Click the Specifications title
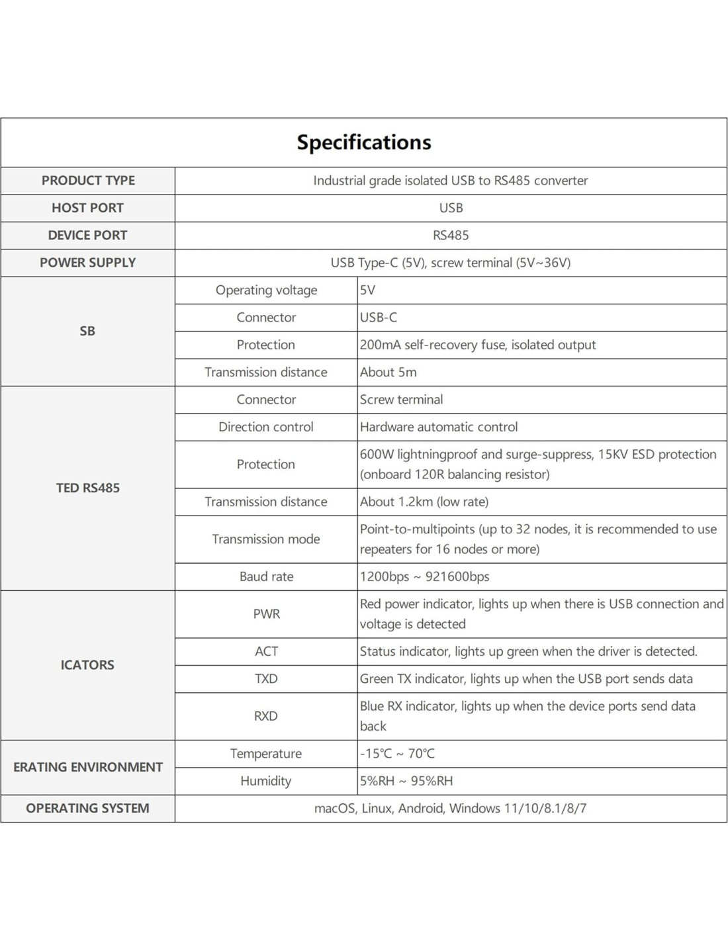pyautogui.click(x=363, y=142)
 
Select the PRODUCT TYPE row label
pyautogui.click(x=88, y=181)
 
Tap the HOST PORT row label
pyautogui.click(x=87, y=208)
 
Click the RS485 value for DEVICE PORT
pyautogui.click(x=451, y=236)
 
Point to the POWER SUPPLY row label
pyautogui.click(x=87, y=263)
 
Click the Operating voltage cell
pyautogui.click(x=266, y=290)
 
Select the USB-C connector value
pyautogui.click(x=379, y=318)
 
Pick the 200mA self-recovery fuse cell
pyautogui.click(x=478, y=345)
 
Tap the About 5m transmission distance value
pyautogui.click(x=388, y=372)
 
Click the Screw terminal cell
pyautogui.click(x=401, y=400)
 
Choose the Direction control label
pyautogui.click(x=266, y=427)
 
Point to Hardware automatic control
pyautogui.click(x=439, y=427)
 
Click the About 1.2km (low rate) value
pyautogui.click(x=424, y=502)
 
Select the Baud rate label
pyautogui.click(x=266, y=576)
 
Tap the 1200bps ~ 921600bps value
pyautogui.click(x=425, y=576)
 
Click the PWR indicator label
pyautogui.click(x=266, y=614)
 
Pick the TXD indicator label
pyautogui.click(x=266, y=679)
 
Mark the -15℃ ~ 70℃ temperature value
pyautogui.click(x=398, y=754)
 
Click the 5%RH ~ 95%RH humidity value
pyautogui.click(x=406, y=781)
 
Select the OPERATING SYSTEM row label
pyautogui.click(x=87, y=808)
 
